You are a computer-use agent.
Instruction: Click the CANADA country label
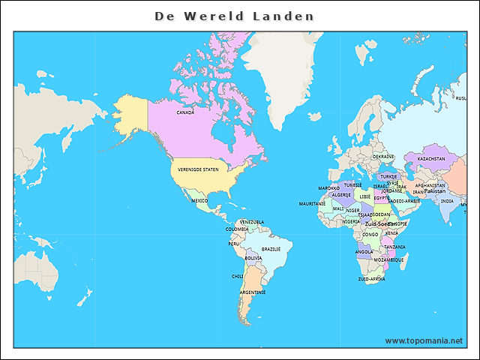[185, 112]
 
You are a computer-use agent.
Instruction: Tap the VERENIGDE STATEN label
[199, 171]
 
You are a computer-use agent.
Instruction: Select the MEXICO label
[199, 201]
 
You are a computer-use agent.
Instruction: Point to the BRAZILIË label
[271, 249]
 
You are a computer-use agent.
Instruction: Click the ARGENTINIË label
[253, 292]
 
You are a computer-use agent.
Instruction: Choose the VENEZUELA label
[251, 222]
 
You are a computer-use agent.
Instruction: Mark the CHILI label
[238, 276]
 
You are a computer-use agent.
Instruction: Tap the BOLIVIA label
[253, 259]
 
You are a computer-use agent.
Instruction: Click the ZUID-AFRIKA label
[371, 279]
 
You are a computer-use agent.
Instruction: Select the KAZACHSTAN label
[430, 159]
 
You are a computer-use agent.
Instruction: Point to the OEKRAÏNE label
[383, 157]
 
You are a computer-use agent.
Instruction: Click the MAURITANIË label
[312, 203]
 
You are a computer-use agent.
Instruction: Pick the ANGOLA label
[364, 253]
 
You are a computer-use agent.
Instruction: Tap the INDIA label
[447, 201]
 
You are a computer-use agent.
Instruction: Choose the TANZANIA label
[394, 247]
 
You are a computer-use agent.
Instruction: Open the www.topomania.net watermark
[424, 340]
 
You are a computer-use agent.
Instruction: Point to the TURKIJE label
[388, 176]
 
